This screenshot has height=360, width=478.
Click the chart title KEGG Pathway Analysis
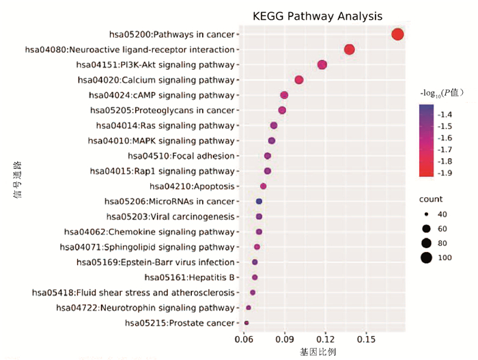[x=317, y=16]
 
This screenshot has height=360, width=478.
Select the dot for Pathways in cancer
[x=397, y=35]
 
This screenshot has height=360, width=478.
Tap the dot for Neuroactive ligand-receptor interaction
[x=350, y=50]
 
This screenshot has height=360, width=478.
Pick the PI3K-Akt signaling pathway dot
[x=322, y=65]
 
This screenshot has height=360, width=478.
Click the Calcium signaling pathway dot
[x=299, y=80]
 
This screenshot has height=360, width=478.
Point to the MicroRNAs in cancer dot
[x=259, y=202]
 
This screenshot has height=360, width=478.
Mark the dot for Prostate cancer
[x=247, y=323]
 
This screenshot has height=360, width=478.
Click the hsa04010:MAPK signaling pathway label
[x=161, y=141]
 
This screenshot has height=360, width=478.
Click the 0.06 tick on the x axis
[x=244, y=340]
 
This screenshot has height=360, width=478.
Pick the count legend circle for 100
[x=427, y=258]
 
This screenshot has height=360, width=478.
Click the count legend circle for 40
[x=427, y=214]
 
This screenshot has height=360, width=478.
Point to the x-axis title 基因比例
[x=318, y=352]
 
